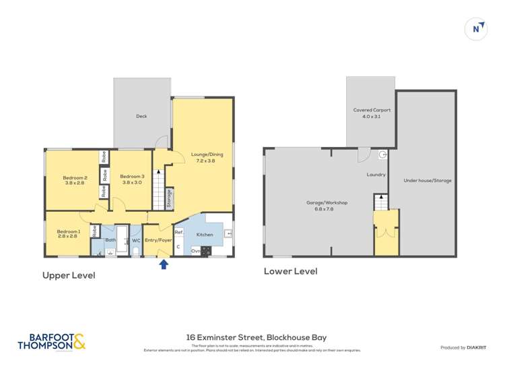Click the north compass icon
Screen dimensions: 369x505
pyautogui.click(x=477, y=28)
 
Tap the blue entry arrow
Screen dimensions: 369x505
pyautogui.click(x=162, y=264)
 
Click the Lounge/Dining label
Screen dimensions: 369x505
pyautogui.click(x=207, y=157)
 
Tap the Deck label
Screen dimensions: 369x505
pyautogui.click(x=141, y=116)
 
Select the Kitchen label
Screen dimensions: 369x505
pyautogui.click(x=205, y=234)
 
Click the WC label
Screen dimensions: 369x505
pyautogui.click(x=135, y=239)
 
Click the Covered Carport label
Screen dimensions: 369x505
pyautogui.click(x=372, y=113)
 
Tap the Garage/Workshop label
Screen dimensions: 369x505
pyautogui.click(x=327, y=205)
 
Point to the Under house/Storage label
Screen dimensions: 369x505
pyautogui.click(x=428, y=180)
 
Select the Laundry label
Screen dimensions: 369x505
pyautogui.click(x=376, y=175)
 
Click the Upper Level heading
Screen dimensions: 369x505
pyautogui.click(x=69, y=275)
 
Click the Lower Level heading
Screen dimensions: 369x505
pyautogui.click(x=290, y=271)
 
